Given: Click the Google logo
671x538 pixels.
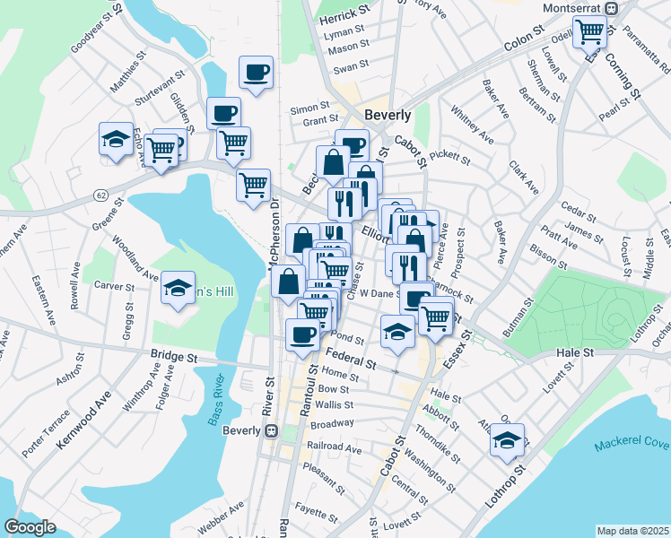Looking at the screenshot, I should coord(30,526).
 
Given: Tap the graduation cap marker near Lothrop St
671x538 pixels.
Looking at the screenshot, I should coord(507,441).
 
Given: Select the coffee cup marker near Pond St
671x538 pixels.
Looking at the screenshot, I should coord(302,335).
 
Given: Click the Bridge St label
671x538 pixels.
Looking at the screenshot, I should coord(174,357).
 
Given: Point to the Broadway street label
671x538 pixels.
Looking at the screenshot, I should coord(332,422).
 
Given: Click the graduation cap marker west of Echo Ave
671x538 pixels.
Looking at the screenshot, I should coord(116,139).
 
